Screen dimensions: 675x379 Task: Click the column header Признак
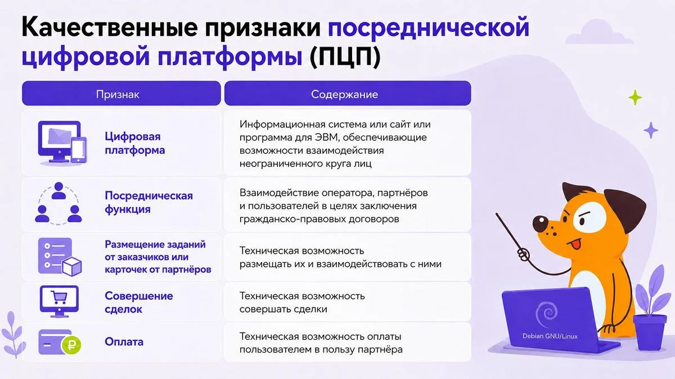[x=118, y=94]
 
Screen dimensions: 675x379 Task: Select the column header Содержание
[x=344, y=94]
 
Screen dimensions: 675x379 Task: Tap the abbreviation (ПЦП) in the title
[x=345, y=56]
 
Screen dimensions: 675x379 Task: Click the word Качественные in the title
[x=110, y=28]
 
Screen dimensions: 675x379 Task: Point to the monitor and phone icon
[x=62, y=143]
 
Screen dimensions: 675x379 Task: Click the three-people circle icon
[x=58, y=203]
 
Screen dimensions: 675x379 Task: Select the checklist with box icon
[x=60, y=257]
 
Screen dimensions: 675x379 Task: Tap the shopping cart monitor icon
[x=60, y=301]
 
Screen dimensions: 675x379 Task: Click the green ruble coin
[x=71, y=345]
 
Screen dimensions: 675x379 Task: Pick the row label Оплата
[x=124, y=342]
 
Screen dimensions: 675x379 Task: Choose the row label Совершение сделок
[x=138, y=302]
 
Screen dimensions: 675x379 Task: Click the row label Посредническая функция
[x=148, y=202]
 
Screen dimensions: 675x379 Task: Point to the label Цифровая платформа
[x=134, y=143]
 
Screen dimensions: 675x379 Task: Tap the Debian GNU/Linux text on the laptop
[x=550, y=336]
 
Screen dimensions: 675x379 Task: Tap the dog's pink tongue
[x=575, y=244]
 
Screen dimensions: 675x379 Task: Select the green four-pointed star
[x=635, y=98]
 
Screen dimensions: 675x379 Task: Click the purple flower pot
[x=650, y=332]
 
